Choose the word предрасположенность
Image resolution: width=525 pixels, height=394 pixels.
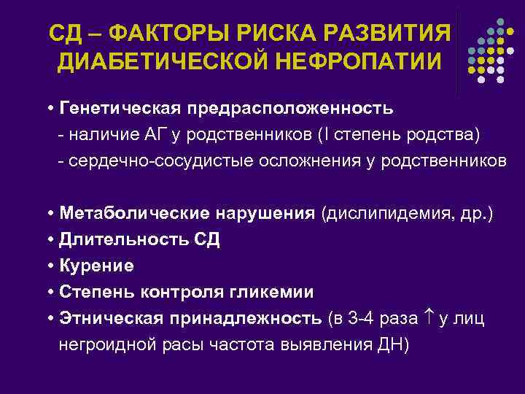coord(291,109)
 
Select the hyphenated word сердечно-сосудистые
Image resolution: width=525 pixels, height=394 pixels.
coord(161,161)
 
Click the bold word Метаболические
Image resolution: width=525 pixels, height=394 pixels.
coord(136,214)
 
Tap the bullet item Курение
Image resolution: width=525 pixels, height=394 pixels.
coord(97,266)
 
